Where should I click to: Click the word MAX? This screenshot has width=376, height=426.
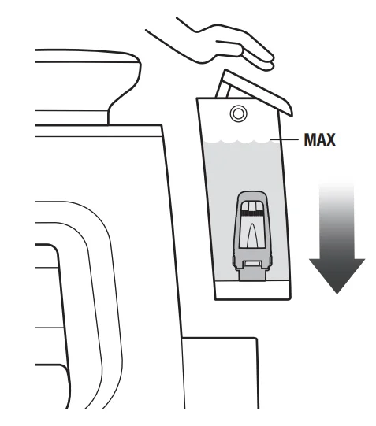click(x=319, y=139)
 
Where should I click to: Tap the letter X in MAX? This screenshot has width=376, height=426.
click(x=329, y=139)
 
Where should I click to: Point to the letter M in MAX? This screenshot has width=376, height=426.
click(x=309, y=139)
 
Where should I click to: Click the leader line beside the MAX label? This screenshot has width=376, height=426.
click(x=285, y=139)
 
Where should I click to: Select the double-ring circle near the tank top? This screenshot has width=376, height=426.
click(x=238, y=113)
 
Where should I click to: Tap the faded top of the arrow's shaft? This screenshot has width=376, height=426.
click(x=337, y=191)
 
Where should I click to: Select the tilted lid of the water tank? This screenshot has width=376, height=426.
click(x=255, y=91)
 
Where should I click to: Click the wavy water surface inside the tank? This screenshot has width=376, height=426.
click(x=237, y=141)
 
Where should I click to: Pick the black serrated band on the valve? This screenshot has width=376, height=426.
click(x=251, y=213)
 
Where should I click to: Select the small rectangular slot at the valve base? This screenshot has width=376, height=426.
click(x=252, y=263)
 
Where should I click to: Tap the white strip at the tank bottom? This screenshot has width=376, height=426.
click(x=253, y=290)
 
